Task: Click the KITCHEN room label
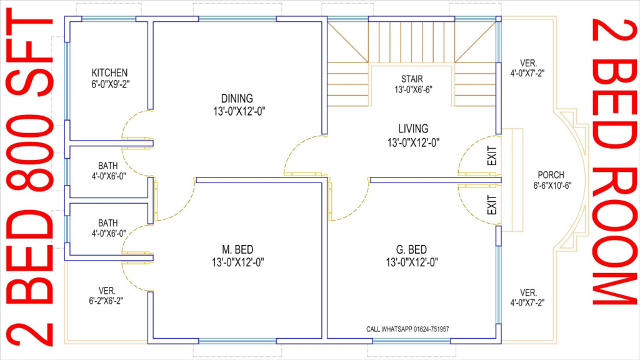click(109, 72)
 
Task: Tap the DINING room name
click(237, 99)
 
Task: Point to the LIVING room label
click(413, 129)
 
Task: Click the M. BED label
click(237, 250)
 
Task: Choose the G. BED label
click(411, 250)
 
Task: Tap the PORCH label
click(551, 175)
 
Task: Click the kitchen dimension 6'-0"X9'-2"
click(110, 83)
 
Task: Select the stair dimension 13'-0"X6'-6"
click(413, 89)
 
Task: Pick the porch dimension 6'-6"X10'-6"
click(551, 186)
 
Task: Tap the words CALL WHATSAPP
click(386, 329)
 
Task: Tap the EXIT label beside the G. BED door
click(491, 205)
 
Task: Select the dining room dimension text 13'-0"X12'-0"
click(237, 111)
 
